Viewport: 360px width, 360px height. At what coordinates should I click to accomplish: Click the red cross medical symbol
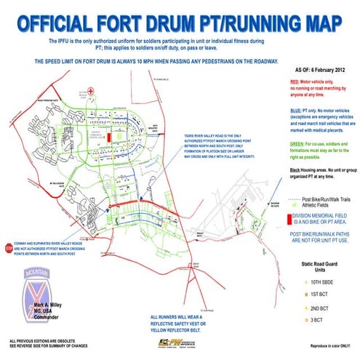click(89, 92)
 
